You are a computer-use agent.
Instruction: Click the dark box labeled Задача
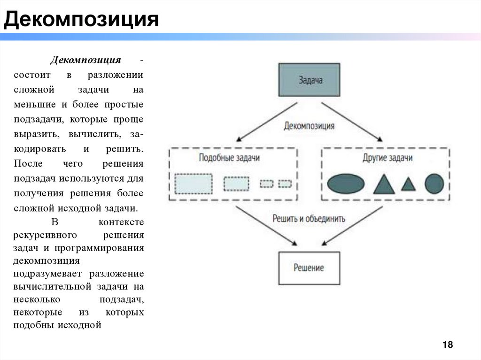pos(309,80)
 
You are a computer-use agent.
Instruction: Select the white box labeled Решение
pos(309,268)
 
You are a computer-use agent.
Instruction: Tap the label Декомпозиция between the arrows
pos(309,126)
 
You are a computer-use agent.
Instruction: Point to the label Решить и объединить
pos(309,218)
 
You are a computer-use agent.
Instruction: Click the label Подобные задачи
pos(229,158)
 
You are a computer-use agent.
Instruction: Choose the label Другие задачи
pos(388,158)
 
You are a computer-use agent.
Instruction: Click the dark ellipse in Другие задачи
pos(346,184)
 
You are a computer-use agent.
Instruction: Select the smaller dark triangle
pos(408,184)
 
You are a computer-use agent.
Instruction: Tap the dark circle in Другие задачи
pos(434,184)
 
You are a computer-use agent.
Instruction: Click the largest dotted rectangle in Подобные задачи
pos(194,184)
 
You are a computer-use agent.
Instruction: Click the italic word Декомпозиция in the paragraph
pos(86,61)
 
